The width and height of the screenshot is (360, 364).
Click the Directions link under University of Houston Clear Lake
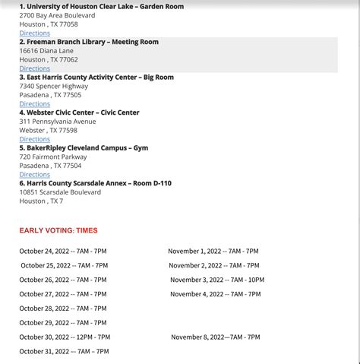(35, 33)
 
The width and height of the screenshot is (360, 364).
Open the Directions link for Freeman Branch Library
(35, 68)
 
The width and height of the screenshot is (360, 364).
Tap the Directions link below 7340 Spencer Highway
(35, 104)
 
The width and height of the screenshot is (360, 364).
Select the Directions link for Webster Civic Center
(35, 139)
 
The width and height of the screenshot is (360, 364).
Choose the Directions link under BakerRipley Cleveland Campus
(35, 175)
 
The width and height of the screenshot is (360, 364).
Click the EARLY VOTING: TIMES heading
(58, 230)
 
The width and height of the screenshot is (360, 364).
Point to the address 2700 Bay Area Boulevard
(57, 15)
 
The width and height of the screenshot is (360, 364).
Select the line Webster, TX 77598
(49, 130)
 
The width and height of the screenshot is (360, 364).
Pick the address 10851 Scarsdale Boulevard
(60, 192)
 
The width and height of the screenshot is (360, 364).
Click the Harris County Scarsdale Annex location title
(96, 183)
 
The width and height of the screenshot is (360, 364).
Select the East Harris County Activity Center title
(96, 77)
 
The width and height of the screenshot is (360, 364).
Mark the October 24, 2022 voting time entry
(63, 251)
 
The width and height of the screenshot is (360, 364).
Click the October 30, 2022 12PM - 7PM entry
(65, 337)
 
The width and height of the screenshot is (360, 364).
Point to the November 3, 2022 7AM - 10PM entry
(217, 280)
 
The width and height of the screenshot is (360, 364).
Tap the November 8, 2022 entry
(215, 337)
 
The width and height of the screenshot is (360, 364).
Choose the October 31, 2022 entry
(64, 351)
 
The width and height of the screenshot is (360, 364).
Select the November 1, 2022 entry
(213, 251)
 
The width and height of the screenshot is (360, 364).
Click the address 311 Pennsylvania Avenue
(58, 122)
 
